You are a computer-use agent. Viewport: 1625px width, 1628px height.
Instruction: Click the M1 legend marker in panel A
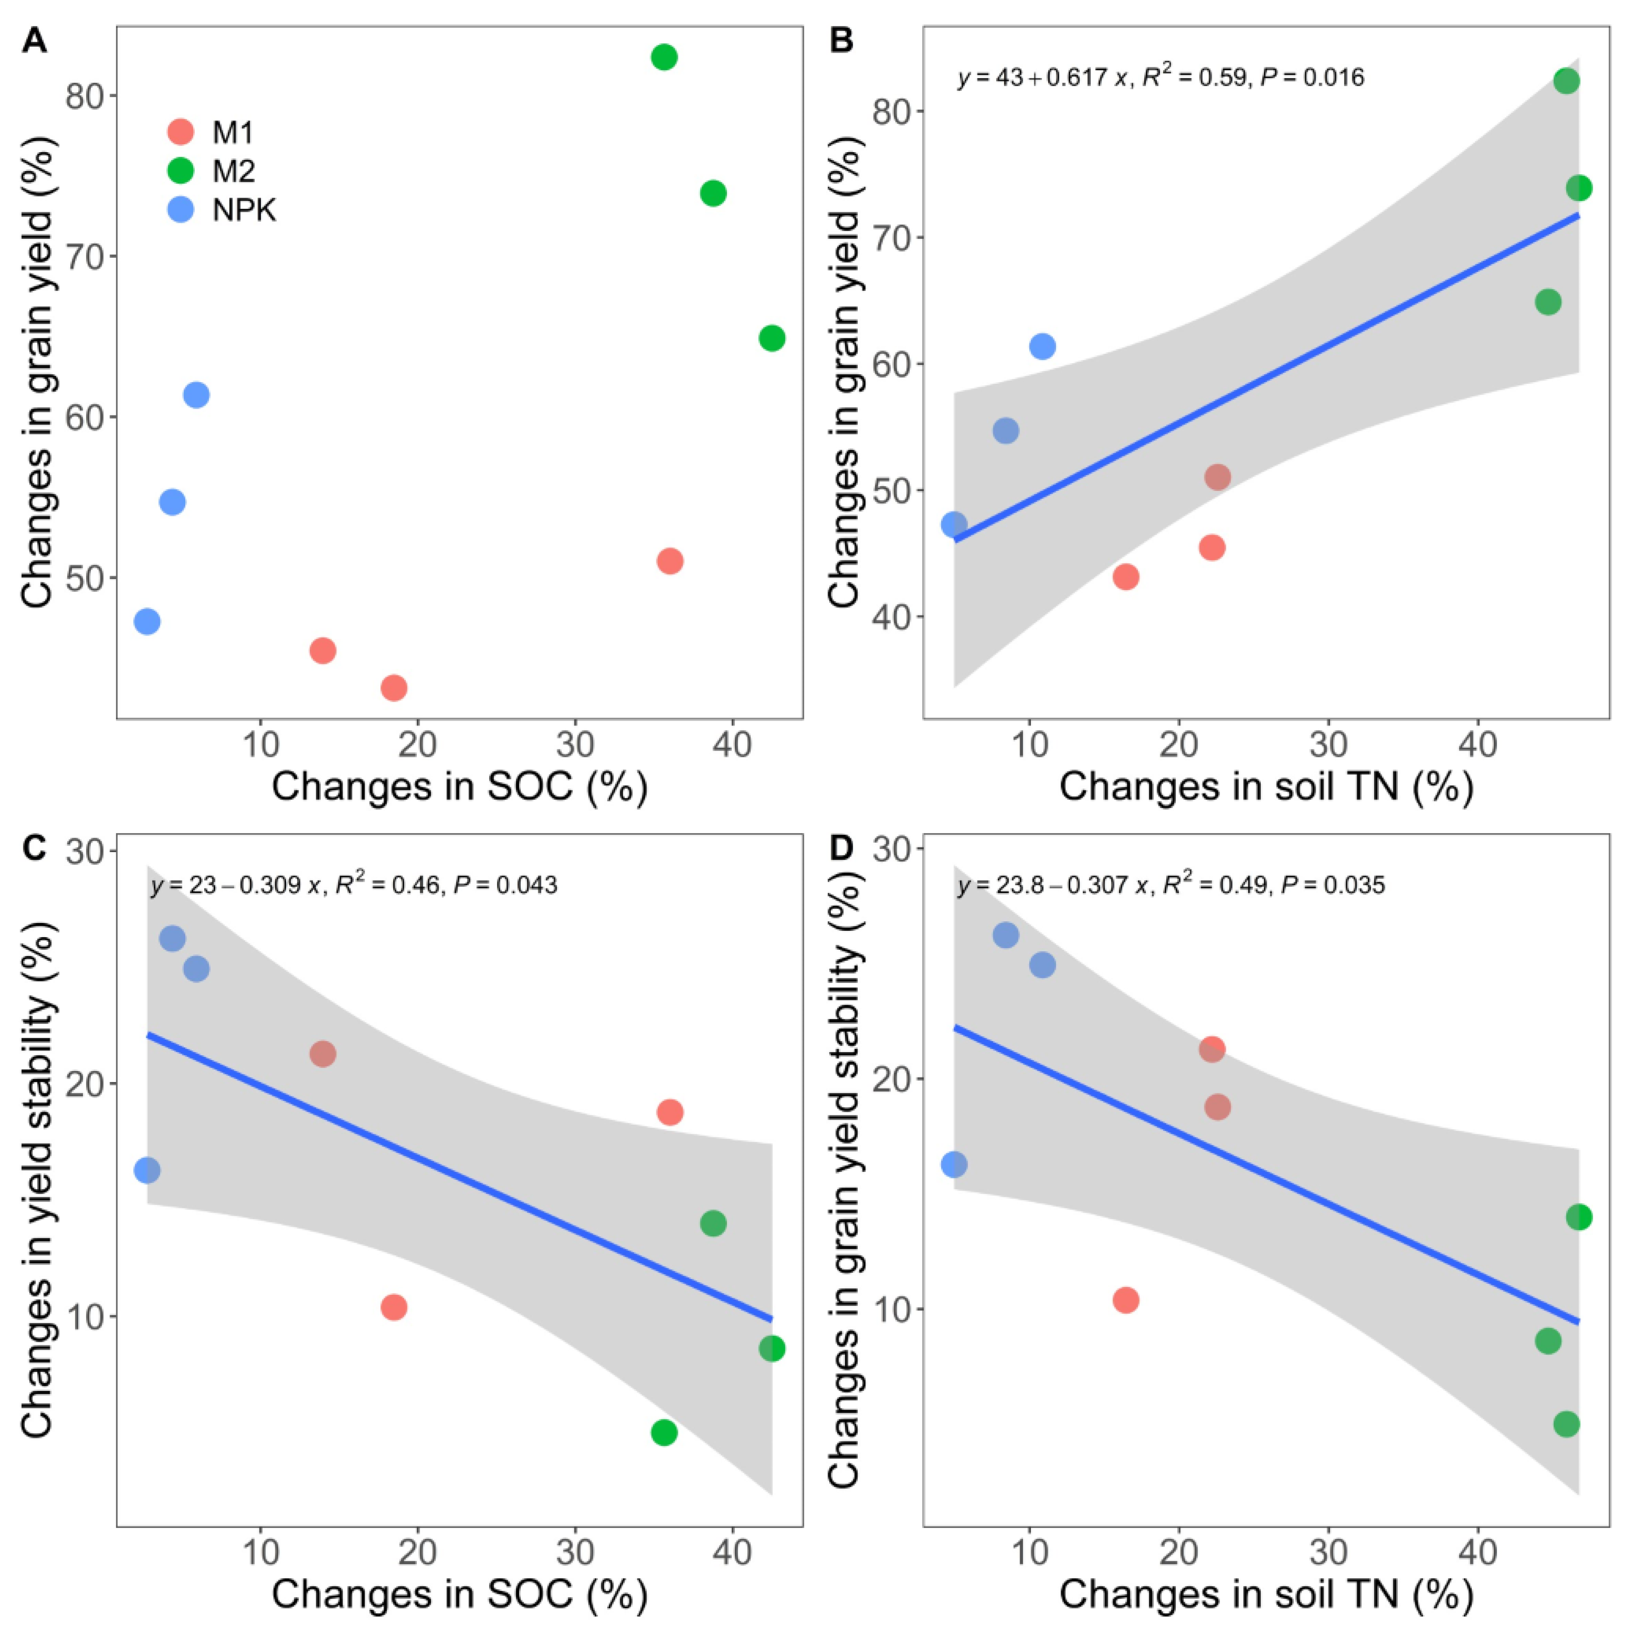[180, 132]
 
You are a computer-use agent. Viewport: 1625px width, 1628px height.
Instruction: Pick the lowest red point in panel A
[394, 688]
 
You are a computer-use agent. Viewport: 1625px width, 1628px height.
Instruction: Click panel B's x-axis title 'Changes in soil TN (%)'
[1265, 786]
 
